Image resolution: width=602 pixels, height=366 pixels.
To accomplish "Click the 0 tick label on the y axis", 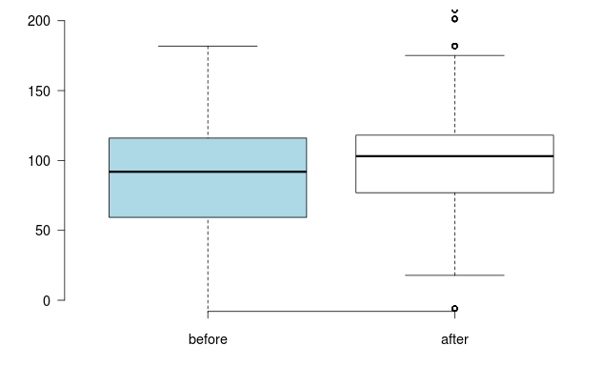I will coord(45,300).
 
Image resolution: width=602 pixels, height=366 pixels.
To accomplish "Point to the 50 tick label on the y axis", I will coord(41,231).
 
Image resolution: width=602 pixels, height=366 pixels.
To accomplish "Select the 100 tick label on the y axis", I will coord(38,160).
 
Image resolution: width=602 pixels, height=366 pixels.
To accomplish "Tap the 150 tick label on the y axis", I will coord(38,91).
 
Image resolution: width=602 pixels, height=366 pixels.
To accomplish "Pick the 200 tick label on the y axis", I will coord(38,21).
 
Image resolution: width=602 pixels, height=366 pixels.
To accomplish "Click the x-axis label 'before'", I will coord(208,339).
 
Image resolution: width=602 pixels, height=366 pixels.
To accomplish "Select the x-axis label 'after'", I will coord(454,339).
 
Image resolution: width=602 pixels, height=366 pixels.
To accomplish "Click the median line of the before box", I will coord(208,172).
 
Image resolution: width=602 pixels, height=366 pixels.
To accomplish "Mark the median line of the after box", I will coord(454,155).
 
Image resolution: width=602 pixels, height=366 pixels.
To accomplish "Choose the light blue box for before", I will coord(208,195).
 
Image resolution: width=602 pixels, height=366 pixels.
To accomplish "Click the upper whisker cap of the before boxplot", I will coord(208,46).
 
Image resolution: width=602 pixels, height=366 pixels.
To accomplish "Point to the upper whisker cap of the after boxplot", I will coord(454,55).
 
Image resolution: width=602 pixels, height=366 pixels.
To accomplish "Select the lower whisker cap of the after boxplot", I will coord(454,275).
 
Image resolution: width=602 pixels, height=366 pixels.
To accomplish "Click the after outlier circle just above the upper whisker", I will coord(454,46).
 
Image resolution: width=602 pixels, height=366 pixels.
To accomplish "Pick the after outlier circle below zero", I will coord(454,309).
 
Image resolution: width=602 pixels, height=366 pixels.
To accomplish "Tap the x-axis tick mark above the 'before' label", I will coord(208,315).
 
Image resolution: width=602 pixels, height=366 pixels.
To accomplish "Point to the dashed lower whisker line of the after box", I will coord(454,234).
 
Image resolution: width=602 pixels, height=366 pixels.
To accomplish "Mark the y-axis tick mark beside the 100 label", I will coord(60,160).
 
